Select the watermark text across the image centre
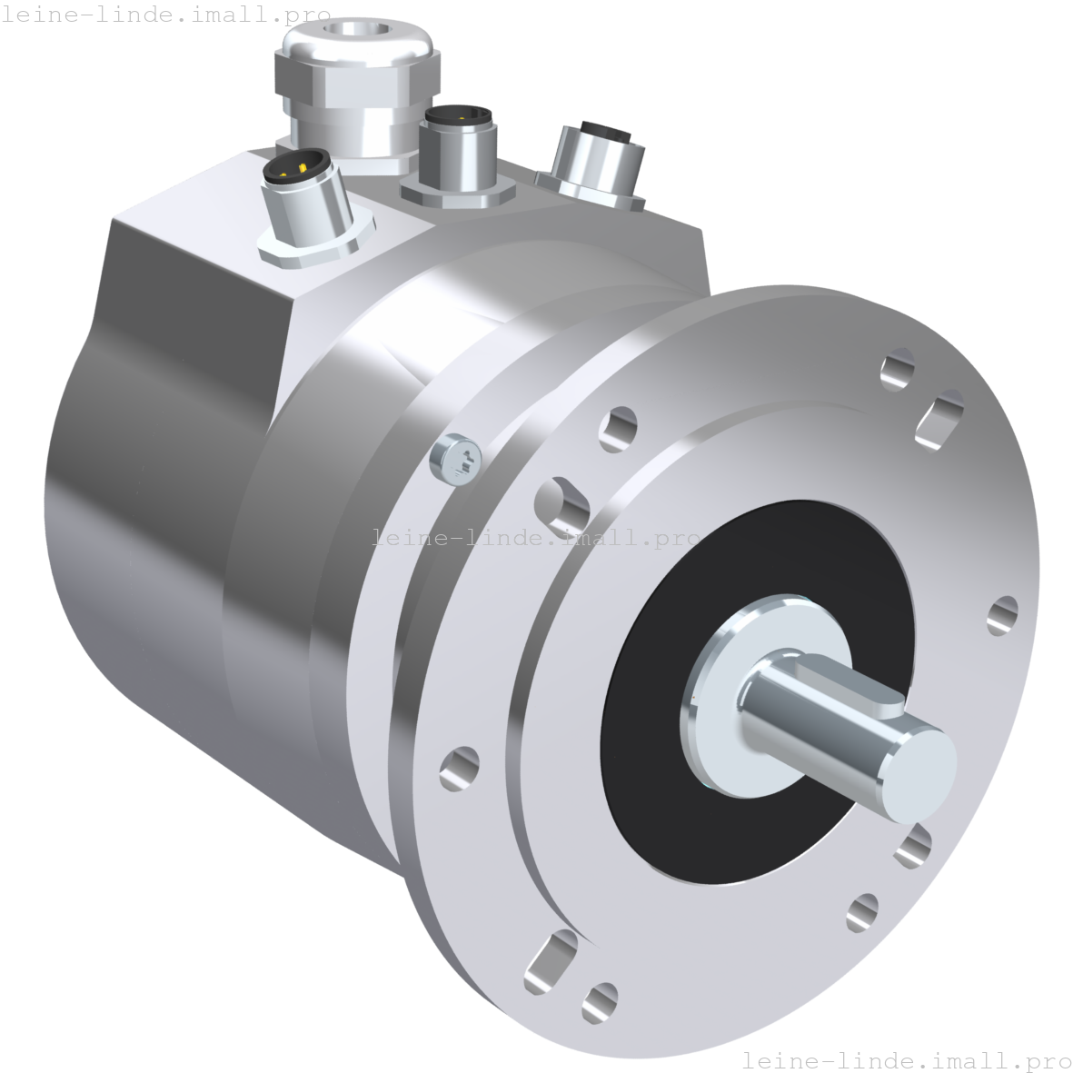(536, 538)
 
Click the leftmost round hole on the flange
(459, 768)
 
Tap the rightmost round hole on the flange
(1002, 616)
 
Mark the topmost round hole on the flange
(898, 368)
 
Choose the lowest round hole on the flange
(599, 1001)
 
